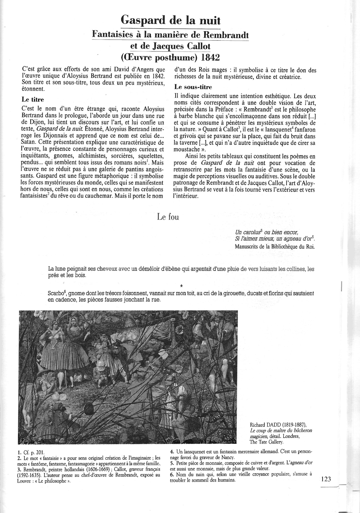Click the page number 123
coord(326,479)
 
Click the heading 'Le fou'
coord(168,217)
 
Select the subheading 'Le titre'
coord(33,100)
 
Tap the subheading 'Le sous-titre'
coord(193,87)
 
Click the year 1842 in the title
coord(210,58)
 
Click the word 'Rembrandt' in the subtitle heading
coord(226,35)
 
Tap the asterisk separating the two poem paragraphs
coord(181,286)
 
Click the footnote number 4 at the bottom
coord(172,452)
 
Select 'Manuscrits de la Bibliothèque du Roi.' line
coord(274,247)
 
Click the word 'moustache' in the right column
coord(186,149)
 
